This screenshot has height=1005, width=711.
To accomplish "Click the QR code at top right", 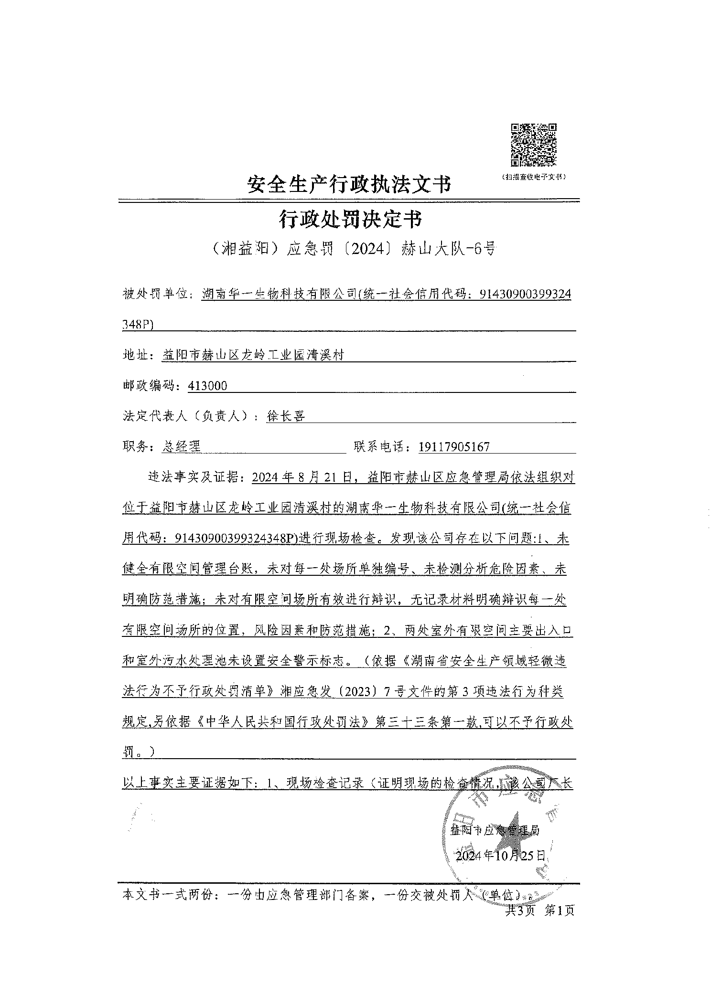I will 534,145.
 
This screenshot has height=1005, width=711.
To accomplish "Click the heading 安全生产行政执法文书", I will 349,184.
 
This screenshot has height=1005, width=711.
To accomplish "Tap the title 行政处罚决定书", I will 350,220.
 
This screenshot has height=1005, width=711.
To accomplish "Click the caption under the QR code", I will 533,177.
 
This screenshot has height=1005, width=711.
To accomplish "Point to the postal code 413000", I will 208,386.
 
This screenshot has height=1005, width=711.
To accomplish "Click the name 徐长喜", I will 286,416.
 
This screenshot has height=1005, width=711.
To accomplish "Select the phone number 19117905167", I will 454,447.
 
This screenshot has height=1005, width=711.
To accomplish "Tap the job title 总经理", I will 182,446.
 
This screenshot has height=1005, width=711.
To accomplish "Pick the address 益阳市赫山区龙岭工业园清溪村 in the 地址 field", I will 253,355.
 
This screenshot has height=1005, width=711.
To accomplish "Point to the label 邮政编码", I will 152,386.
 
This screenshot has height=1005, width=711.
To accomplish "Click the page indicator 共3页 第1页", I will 539,910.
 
